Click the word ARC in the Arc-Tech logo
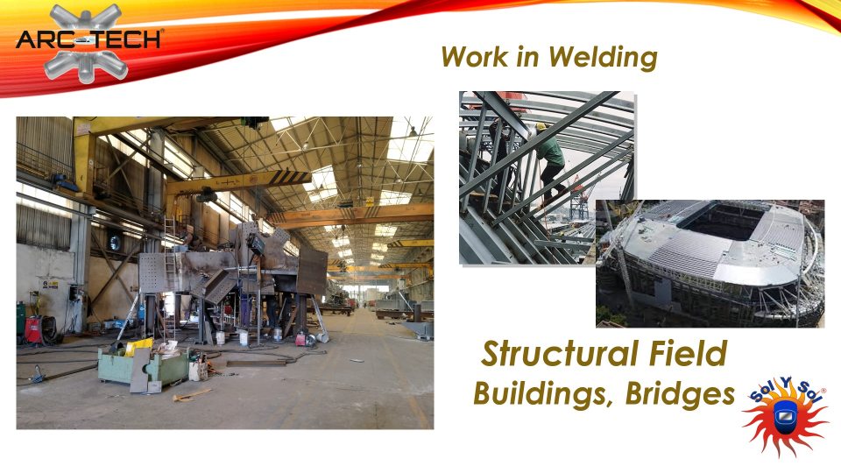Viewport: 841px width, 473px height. pyautogui.click(x=44, y=39)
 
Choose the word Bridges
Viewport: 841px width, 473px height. pyautogui.click(x=680, y=393)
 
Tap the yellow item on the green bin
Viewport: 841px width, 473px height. pyautogui.click(x=138, y=347)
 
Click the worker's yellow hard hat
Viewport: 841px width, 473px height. pyautogui.click(x=541, y=127)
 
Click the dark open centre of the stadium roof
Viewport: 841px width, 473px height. pyautogui.click(x=720, y=222)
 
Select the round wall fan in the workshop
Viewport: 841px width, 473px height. pyautogui.click(x=114, y=244)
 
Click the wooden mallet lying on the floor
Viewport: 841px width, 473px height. pyautogui.click(x=191, y=395)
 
